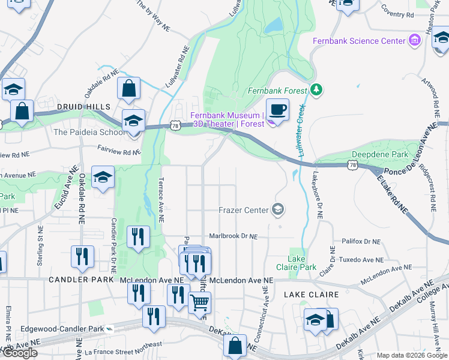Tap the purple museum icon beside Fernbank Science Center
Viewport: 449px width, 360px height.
(x=414, y=41)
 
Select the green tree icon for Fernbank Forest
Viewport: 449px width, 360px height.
(x=316, y=91)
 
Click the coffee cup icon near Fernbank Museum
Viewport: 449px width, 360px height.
(x=277, y=110)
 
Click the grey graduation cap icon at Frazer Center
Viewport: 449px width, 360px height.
(x=278, y=209)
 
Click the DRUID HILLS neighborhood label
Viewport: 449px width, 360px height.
(x=77, y=106)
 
